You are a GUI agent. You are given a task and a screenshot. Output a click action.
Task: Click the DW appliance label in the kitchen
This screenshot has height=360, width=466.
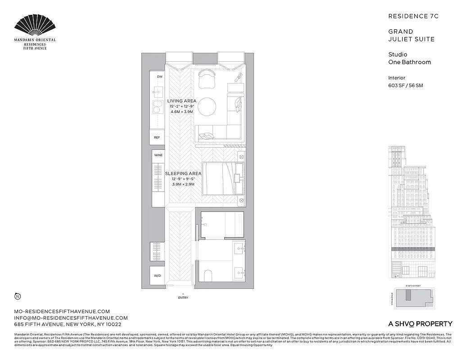[159, 77]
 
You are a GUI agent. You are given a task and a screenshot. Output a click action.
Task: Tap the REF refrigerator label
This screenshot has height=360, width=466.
[157, 137]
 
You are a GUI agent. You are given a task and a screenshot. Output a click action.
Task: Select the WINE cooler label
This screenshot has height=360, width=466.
[158, 155]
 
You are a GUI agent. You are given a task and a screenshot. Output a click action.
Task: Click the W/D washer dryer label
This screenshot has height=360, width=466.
[158, 275]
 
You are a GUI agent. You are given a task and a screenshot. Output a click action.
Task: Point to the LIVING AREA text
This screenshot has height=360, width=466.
[181, 101]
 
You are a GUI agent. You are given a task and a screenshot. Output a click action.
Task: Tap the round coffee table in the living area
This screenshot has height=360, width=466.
[208, 107]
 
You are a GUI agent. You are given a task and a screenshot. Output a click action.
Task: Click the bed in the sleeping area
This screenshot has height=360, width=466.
[222, 178]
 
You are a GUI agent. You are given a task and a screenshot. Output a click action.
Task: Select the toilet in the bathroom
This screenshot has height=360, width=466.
[208, 274]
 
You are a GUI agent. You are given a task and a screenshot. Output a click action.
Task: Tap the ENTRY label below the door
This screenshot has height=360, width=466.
[183, 297]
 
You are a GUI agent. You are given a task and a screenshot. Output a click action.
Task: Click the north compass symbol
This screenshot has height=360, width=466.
[17, 296]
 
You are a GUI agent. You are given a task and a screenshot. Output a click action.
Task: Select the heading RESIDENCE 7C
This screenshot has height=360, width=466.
[413, 16]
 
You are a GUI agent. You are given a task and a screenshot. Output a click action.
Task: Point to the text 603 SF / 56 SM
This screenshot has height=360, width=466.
[406, 85]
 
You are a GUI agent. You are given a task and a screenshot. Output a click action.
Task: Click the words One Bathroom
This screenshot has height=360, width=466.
[409, 62]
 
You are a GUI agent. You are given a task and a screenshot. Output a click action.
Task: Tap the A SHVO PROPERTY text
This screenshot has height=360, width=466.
[420, 324]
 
